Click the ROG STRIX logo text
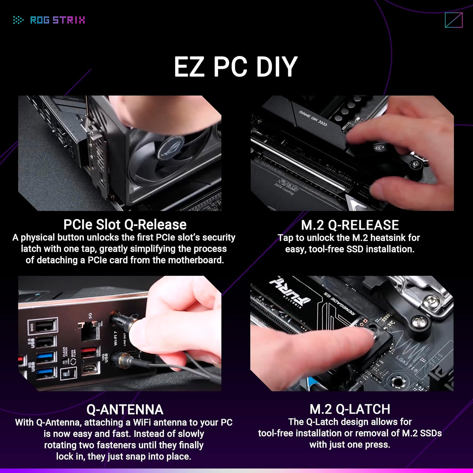(x=57, y=20)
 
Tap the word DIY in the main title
(x=277, y=67)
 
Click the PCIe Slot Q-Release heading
(x=125, y=225)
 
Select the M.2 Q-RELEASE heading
(x=350, y=225)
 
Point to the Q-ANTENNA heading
(x=125, y=410)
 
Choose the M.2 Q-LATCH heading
(x=350, y=409)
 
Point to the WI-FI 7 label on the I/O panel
(x=116, y=338)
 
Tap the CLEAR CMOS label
(x=65, y=352)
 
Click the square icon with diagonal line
(x=454, y=20)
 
